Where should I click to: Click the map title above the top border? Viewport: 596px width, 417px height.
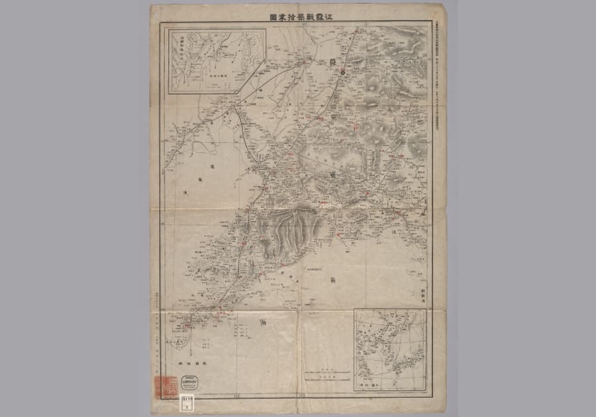[297, 19]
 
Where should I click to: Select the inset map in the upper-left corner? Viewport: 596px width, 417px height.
[216, 61]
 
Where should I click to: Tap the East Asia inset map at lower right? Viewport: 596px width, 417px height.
[389, 350]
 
